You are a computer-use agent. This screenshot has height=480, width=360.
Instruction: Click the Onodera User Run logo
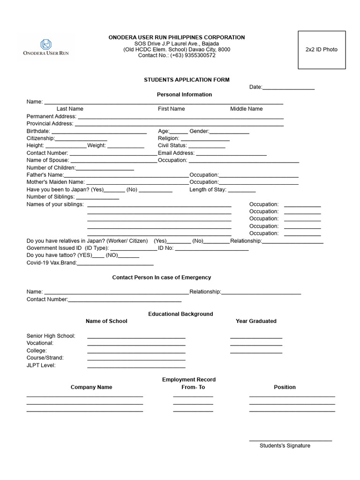click(x=46, y=47)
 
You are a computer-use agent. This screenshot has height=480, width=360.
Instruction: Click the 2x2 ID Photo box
click(x=322, y=50)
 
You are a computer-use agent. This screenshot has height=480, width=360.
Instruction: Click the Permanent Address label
click(x=51, y=116)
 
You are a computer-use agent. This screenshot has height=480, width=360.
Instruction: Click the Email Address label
click(x=176, y=153)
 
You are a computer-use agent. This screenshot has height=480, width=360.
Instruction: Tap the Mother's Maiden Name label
click(x=55, y=182)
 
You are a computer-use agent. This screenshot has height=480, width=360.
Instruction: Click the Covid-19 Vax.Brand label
click(x=51, y=263)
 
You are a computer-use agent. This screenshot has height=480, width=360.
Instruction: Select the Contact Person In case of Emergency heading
click(x=161, y=277)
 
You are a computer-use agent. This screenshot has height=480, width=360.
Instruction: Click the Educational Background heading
click(x=180, y=314)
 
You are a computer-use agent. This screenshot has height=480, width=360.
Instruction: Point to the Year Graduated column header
click(x=256, y=321)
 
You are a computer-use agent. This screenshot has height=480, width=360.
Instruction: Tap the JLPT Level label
click(x=41, y=365)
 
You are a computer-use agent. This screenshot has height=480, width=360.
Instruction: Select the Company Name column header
click(x=91, y=387)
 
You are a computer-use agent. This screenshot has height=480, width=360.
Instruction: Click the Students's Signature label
click(x=285, y=446)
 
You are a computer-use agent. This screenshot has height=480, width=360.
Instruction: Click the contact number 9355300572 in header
click(x=193, y=55)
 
